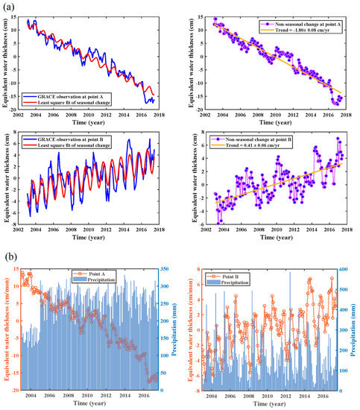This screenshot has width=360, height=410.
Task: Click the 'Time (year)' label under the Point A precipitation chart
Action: [90, 404]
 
